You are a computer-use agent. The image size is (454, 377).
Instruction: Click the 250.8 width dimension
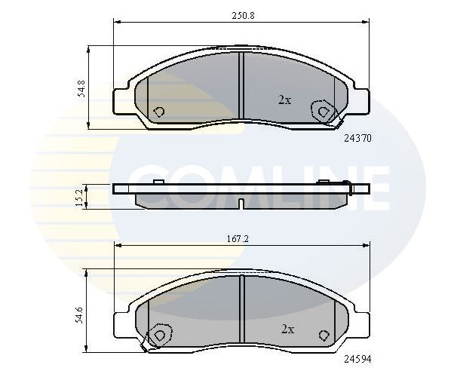[242, 14]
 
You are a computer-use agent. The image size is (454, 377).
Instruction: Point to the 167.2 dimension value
[241, 239]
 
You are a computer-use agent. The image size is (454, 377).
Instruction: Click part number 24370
[358, 139]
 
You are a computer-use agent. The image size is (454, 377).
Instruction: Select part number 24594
[358, 360]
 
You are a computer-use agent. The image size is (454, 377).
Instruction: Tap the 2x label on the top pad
[284, 100]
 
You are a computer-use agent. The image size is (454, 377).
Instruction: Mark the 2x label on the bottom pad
[287, 329]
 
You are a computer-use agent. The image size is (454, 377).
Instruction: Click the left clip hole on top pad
[158, 112]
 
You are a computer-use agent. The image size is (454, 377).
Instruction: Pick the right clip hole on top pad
[324, 112]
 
